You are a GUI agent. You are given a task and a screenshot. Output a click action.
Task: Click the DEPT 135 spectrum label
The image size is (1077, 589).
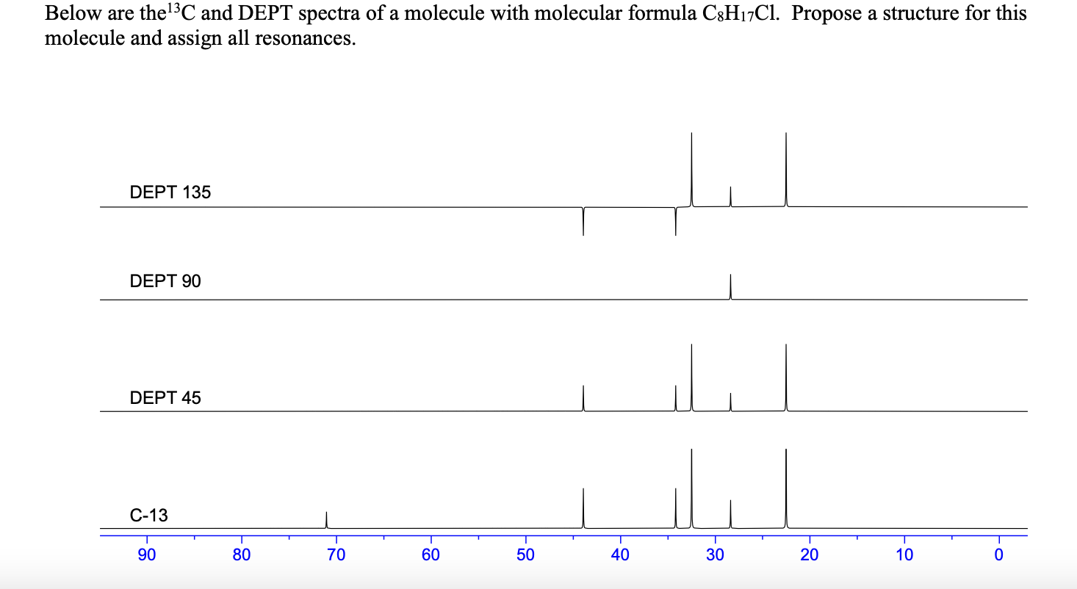170,193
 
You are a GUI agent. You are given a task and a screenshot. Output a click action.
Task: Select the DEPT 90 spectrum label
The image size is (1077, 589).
165,281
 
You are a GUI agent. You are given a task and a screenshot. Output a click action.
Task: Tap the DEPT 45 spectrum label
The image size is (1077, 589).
165,398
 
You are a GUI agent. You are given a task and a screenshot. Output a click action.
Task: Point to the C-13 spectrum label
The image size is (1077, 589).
149,516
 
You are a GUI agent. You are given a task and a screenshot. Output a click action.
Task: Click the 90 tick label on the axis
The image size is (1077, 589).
147,555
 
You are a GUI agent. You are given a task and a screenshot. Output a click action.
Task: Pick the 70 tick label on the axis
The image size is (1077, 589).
336,555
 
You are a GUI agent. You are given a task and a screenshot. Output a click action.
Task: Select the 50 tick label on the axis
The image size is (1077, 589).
525,555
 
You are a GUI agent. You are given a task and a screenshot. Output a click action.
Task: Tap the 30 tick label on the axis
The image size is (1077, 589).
715,555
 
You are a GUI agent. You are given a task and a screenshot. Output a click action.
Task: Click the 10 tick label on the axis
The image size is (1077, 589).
904,555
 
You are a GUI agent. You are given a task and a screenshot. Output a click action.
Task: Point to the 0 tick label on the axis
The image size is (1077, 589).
998,555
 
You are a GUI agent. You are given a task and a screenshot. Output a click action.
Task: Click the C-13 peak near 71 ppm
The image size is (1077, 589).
326,520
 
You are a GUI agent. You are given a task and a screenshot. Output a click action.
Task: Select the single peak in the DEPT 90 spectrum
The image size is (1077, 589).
730,287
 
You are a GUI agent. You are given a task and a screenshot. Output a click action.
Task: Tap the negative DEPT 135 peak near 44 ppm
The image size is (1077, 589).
583,222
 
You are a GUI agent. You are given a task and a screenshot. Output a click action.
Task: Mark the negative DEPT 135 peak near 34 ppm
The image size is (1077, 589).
675,222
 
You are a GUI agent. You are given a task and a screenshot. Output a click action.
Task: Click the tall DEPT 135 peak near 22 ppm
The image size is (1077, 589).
785,170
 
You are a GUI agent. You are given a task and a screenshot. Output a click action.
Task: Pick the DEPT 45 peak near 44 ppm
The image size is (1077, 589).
583,398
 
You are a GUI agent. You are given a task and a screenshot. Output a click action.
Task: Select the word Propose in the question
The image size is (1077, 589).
822,14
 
